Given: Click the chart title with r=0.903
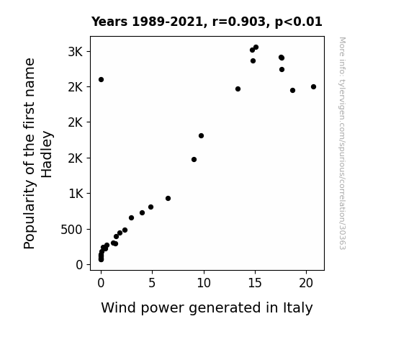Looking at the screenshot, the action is [207, 22].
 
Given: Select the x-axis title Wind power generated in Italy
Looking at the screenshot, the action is [207, 308].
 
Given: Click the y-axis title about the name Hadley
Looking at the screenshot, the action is [38, 153].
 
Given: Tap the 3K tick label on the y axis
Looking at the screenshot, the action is [76, 52].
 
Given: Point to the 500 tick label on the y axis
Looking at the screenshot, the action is [72, 230].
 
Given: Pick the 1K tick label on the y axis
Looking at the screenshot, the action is [76, 194].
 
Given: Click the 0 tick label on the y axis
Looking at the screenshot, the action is [79, 265].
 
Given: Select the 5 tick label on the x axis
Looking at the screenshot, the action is [152, 283].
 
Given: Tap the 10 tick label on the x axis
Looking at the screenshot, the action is [204, 283].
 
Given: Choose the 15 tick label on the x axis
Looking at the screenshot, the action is [255, 283].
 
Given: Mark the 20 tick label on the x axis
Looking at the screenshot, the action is [306, 283].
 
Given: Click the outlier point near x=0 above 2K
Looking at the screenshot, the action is [101, 79].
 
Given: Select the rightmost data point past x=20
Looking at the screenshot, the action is [313, 86].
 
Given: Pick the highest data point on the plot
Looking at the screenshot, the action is [256, 48].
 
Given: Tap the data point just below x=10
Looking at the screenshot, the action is [201, 136].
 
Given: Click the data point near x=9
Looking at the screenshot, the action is [194, 160].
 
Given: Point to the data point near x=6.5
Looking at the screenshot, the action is [168, 198].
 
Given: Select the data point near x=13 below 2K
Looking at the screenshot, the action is [238, 89].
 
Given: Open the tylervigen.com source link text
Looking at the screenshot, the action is [343, 143].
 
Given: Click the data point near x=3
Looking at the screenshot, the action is [131, 218].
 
